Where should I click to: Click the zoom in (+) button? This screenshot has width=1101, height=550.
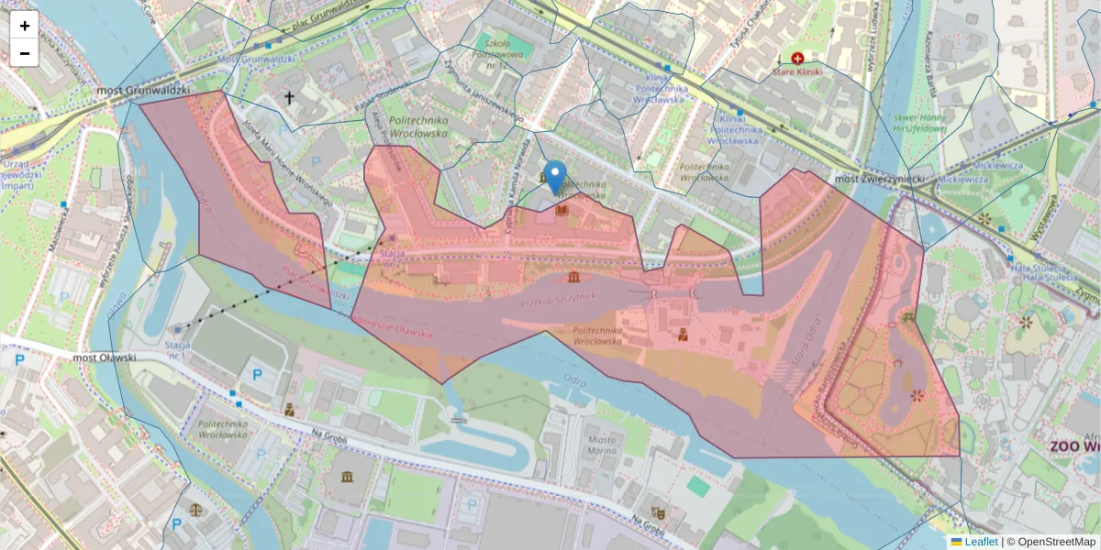point(25,26)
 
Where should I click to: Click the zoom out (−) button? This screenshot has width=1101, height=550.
point(25,53)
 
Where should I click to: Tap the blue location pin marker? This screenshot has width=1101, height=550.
point(555,176)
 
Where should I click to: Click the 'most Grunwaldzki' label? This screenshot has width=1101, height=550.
point(143,91)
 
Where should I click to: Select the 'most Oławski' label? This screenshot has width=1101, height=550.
point(104,357)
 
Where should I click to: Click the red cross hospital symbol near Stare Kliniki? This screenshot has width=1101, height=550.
point(797,58)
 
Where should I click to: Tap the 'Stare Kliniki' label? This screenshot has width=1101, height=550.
point(797,71)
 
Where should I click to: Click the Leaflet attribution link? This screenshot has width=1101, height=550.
point(980,542)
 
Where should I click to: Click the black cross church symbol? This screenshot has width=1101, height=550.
point(290,97)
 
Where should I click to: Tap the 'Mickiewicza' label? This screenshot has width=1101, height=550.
point(997,165)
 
